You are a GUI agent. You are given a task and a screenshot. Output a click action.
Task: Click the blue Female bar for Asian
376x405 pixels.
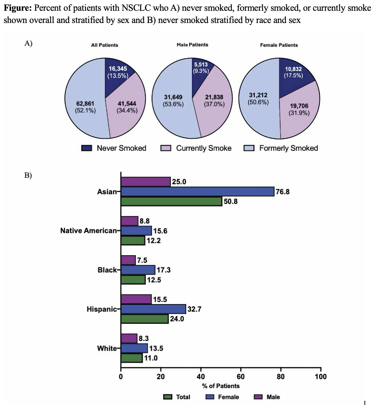tap(198, 192)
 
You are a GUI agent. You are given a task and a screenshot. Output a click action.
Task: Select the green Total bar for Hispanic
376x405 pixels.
tap(145, 319)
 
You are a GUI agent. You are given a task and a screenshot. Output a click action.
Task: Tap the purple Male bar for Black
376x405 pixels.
tap(128, 260)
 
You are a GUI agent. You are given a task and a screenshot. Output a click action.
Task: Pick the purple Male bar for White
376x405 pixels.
tap(129, 338)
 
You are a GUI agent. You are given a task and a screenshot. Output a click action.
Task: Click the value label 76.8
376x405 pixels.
tap(283, 192)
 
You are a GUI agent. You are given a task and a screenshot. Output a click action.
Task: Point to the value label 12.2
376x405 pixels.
tap(153, 241)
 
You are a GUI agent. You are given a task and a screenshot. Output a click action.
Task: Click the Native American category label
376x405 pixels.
tap(88, 231)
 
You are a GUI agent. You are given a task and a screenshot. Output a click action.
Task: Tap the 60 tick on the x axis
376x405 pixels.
tap(240, 377)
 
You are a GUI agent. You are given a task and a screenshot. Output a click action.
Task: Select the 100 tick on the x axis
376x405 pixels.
tap(321, 377)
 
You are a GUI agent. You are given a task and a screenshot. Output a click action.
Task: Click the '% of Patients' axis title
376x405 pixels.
tap(221, 386)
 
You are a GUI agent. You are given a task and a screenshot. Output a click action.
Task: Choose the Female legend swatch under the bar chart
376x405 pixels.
tap(210, 397)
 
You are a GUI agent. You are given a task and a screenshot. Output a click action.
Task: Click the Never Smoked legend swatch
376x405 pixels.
tap(87, 148)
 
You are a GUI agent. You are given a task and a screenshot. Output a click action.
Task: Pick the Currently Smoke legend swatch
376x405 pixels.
tap(166, 148)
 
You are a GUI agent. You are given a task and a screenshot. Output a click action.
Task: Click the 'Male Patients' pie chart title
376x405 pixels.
tap(192, 45)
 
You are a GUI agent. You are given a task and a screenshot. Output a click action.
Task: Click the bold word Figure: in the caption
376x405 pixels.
tap(18, 8)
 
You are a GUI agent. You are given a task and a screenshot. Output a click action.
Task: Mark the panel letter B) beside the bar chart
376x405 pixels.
tap(28, 175)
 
